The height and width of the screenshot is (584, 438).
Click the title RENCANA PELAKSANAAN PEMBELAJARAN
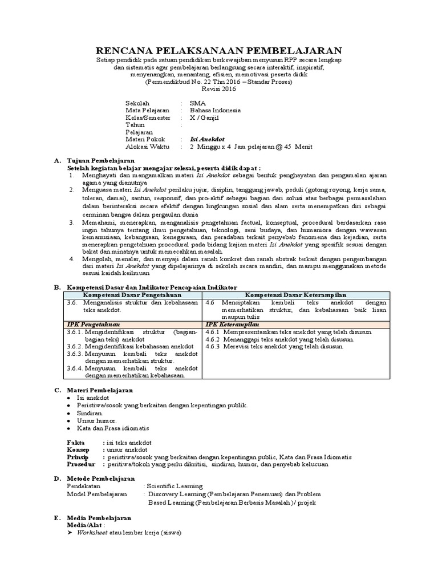[219, 51]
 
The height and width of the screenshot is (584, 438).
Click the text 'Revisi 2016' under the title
[218, 90]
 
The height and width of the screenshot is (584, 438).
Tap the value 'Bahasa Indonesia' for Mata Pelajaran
[216, 110]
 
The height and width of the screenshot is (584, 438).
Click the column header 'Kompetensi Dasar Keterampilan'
[295, 294]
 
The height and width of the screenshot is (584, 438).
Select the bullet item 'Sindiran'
[90, 412]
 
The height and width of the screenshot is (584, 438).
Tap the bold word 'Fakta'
[75, 442]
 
